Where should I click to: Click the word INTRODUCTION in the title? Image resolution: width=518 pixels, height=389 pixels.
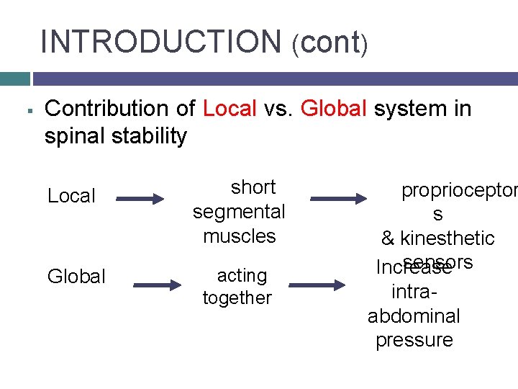(161, 41)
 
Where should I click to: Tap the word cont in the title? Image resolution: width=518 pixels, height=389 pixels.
(330, 43)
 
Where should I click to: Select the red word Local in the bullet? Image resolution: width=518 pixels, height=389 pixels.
(230, 109)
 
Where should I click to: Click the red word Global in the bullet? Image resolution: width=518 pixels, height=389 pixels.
(335, 109)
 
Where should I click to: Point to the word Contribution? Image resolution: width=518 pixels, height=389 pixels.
(119, 109)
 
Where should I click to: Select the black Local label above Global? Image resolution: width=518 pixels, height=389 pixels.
(71, 196)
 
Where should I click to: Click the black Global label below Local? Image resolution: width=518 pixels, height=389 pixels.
(76, 277)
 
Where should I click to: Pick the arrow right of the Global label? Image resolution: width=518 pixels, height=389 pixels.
(157, 285)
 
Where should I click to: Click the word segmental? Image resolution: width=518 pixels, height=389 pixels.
(239, 212)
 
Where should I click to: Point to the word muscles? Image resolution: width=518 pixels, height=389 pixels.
(240, 236)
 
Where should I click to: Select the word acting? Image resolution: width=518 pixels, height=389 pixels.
(242, 275)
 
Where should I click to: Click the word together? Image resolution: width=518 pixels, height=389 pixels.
(237, 298)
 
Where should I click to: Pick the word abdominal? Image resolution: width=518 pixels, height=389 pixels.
(414, 316)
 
